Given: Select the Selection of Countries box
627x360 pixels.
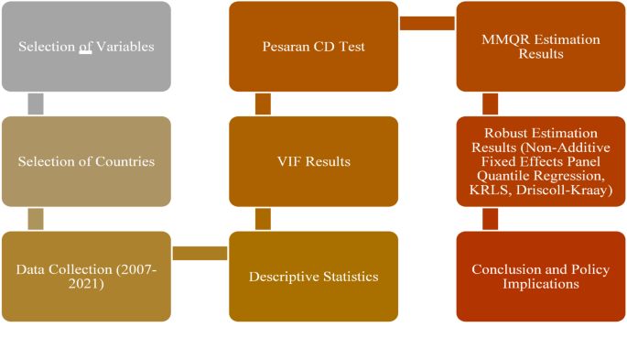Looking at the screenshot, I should click(86, 161).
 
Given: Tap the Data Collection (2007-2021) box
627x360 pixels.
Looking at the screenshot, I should click(86, 276).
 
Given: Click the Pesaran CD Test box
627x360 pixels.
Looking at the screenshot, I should click(313, 47).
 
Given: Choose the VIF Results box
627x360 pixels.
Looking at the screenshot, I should click(313, 161).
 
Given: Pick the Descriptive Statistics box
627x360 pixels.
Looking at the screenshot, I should click(313, 276).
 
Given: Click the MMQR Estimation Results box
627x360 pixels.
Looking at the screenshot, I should click(540, 47).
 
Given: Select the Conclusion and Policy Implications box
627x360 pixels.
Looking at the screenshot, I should click(540, 276).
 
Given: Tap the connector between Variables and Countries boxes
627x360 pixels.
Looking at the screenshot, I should click(36, 104).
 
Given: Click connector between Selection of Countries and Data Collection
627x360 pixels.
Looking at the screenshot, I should click(36, 219).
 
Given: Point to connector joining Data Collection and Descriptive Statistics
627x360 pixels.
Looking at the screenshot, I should click(200, 253).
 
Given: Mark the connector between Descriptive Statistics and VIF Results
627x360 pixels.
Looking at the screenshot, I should click(263, 219).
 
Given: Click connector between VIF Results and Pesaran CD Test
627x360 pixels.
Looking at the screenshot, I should click(263, 104).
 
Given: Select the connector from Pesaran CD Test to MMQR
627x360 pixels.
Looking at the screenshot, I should click(427, 23).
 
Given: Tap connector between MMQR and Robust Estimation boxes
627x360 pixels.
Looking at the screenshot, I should click(490, 104).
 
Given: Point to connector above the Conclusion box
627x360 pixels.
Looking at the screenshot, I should click(490, 219).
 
